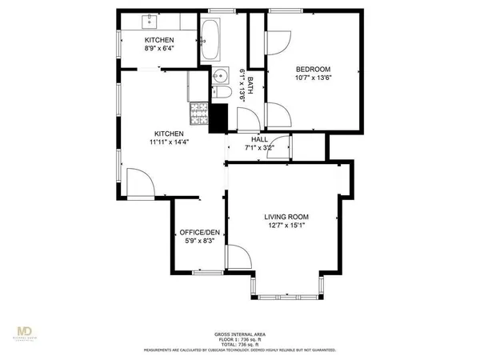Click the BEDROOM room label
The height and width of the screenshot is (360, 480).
click(313, 69)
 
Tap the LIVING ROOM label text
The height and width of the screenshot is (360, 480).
click(286, 217)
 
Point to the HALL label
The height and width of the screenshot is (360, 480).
click(259, 139)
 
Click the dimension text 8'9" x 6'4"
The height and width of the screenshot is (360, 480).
click(158, 48)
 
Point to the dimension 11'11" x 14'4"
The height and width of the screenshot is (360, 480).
click(169, 142)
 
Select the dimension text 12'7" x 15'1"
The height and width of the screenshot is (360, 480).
click(286, 226)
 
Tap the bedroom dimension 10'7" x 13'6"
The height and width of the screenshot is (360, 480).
click(313, 78)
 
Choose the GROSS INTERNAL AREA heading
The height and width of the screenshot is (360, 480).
click(240, 334)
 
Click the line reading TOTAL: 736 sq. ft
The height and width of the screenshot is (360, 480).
click(240, 345)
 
